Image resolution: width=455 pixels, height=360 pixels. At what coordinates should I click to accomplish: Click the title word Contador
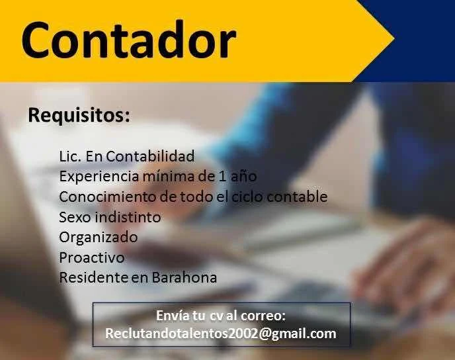129,40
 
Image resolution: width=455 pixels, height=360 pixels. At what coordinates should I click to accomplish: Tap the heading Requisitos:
79,116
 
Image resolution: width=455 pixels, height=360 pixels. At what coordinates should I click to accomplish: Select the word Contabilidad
150,156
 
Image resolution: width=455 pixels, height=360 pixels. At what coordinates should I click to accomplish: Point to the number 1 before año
223,177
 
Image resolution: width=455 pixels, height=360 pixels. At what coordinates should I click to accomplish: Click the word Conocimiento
108,197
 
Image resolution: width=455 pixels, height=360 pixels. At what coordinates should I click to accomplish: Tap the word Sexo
75,217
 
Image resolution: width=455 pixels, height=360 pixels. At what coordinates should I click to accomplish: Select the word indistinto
128,217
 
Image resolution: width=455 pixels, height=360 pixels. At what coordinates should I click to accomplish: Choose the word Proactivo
92,257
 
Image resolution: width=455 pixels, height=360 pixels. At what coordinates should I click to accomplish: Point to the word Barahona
185,277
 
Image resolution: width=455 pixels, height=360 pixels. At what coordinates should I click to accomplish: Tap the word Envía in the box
172,316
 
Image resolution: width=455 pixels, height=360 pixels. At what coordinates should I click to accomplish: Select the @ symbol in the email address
265,334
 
